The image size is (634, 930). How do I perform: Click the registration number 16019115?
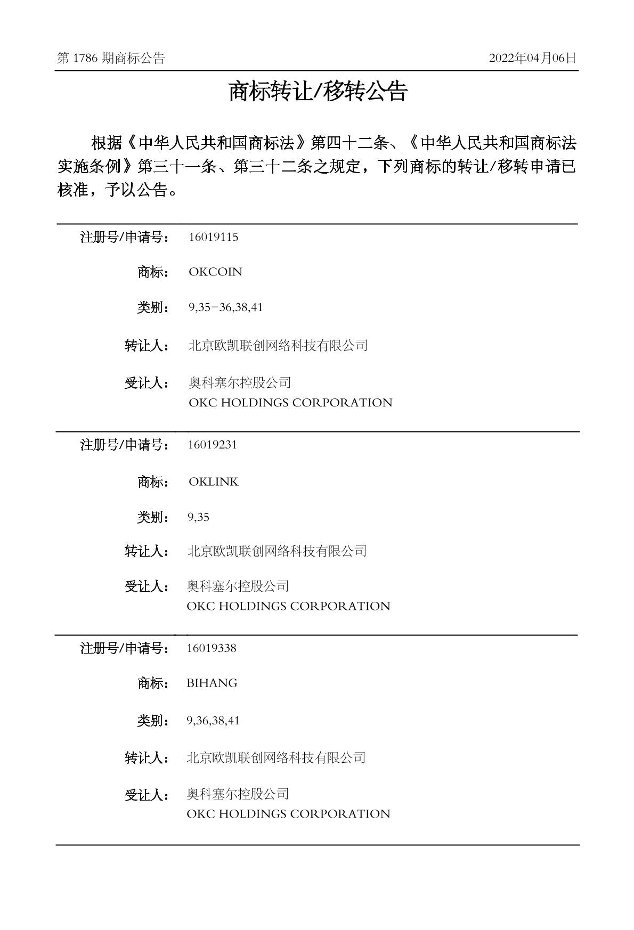[x=213, y=237]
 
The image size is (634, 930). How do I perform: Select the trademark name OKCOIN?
[x=215, y=272]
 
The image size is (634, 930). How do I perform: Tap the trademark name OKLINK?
[x=213, y=482]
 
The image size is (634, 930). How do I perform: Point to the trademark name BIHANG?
[x=212, y=683]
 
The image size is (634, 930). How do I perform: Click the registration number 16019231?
[x=212, y=445]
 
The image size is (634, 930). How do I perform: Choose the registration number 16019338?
[x=212, y=648]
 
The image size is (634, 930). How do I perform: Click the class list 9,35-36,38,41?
[x=225, y=308]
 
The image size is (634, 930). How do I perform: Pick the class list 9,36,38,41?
[x=213, y=721]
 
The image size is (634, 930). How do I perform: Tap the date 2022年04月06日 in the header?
[x=532, y=59]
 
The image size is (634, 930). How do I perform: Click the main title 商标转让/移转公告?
[x=318, y=92]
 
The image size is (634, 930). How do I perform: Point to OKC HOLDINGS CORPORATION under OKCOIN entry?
[x=290, y=403]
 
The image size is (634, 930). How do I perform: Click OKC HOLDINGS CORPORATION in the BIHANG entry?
[x=288, y=814]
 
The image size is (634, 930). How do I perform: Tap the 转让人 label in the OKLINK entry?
[x=147, y=551]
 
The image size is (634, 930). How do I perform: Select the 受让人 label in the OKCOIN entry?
[x=147, y=383]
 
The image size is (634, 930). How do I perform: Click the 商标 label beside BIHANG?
[x=153, y=683]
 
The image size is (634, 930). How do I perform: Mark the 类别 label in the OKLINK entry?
[x=153, y=517]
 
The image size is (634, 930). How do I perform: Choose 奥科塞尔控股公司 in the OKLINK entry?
[x=238, y=586]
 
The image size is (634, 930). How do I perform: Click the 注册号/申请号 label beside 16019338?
[x=125, y=648]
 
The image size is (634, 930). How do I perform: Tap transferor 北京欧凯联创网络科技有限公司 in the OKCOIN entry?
[x=278, y=346]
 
